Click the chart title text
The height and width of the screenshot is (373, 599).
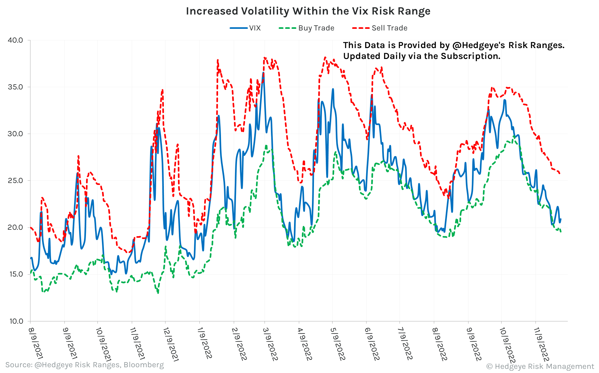[x=308, y=11]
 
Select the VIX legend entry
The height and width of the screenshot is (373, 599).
[x=255, y=28]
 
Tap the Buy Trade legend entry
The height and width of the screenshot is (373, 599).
[x=316, y=28]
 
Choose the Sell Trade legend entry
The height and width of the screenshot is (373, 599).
[x=389, y=28]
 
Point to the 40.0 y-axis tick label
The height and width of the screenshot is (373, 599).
[x=15, y=40]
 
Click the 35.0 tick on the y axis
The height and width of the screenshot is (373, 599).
[x=15, y=87]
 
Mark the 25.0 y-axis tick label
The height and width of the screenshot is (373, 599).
[x=15, y=181]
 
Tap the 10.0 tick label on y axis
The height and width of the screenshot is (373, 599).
[x=15, y=321]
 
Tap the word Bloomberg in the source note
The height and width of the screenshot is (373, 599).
[x=144, y=365]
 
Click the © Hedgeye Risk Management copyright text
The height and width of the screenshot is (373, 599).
[x=540, y=366]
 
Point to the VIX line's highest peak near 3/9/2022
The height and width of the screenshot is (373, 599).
[x=263, y=73]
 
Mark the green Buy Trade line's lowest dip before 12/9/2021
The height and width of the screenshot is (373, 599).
[x=158, y=293]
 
